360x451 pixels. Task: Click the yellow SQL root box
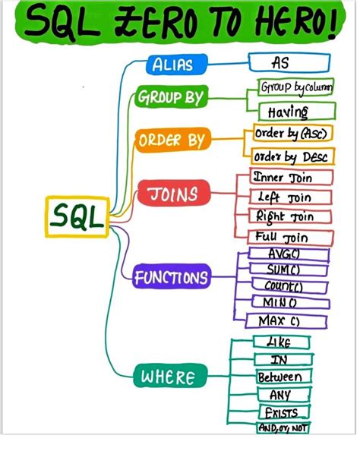(77, 217)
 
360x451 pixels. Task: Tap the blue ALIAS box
(172, 65)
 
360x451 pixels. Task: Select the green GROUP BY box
(169, 98)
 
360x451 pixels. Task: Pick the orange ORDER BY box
(171, 140)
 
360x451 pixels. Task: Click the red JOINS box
(171, 194)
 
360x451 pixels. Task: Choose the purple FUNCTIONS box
(171, 278)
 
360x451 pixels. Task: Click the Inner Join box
(283, 178)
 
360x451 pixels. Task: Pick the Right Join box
(284, 216)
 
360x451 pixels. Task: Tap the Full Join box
(282, 237)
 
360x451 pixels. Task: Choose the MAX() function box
(279, 321)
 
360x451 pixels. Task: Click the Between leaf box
(279, 377)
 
